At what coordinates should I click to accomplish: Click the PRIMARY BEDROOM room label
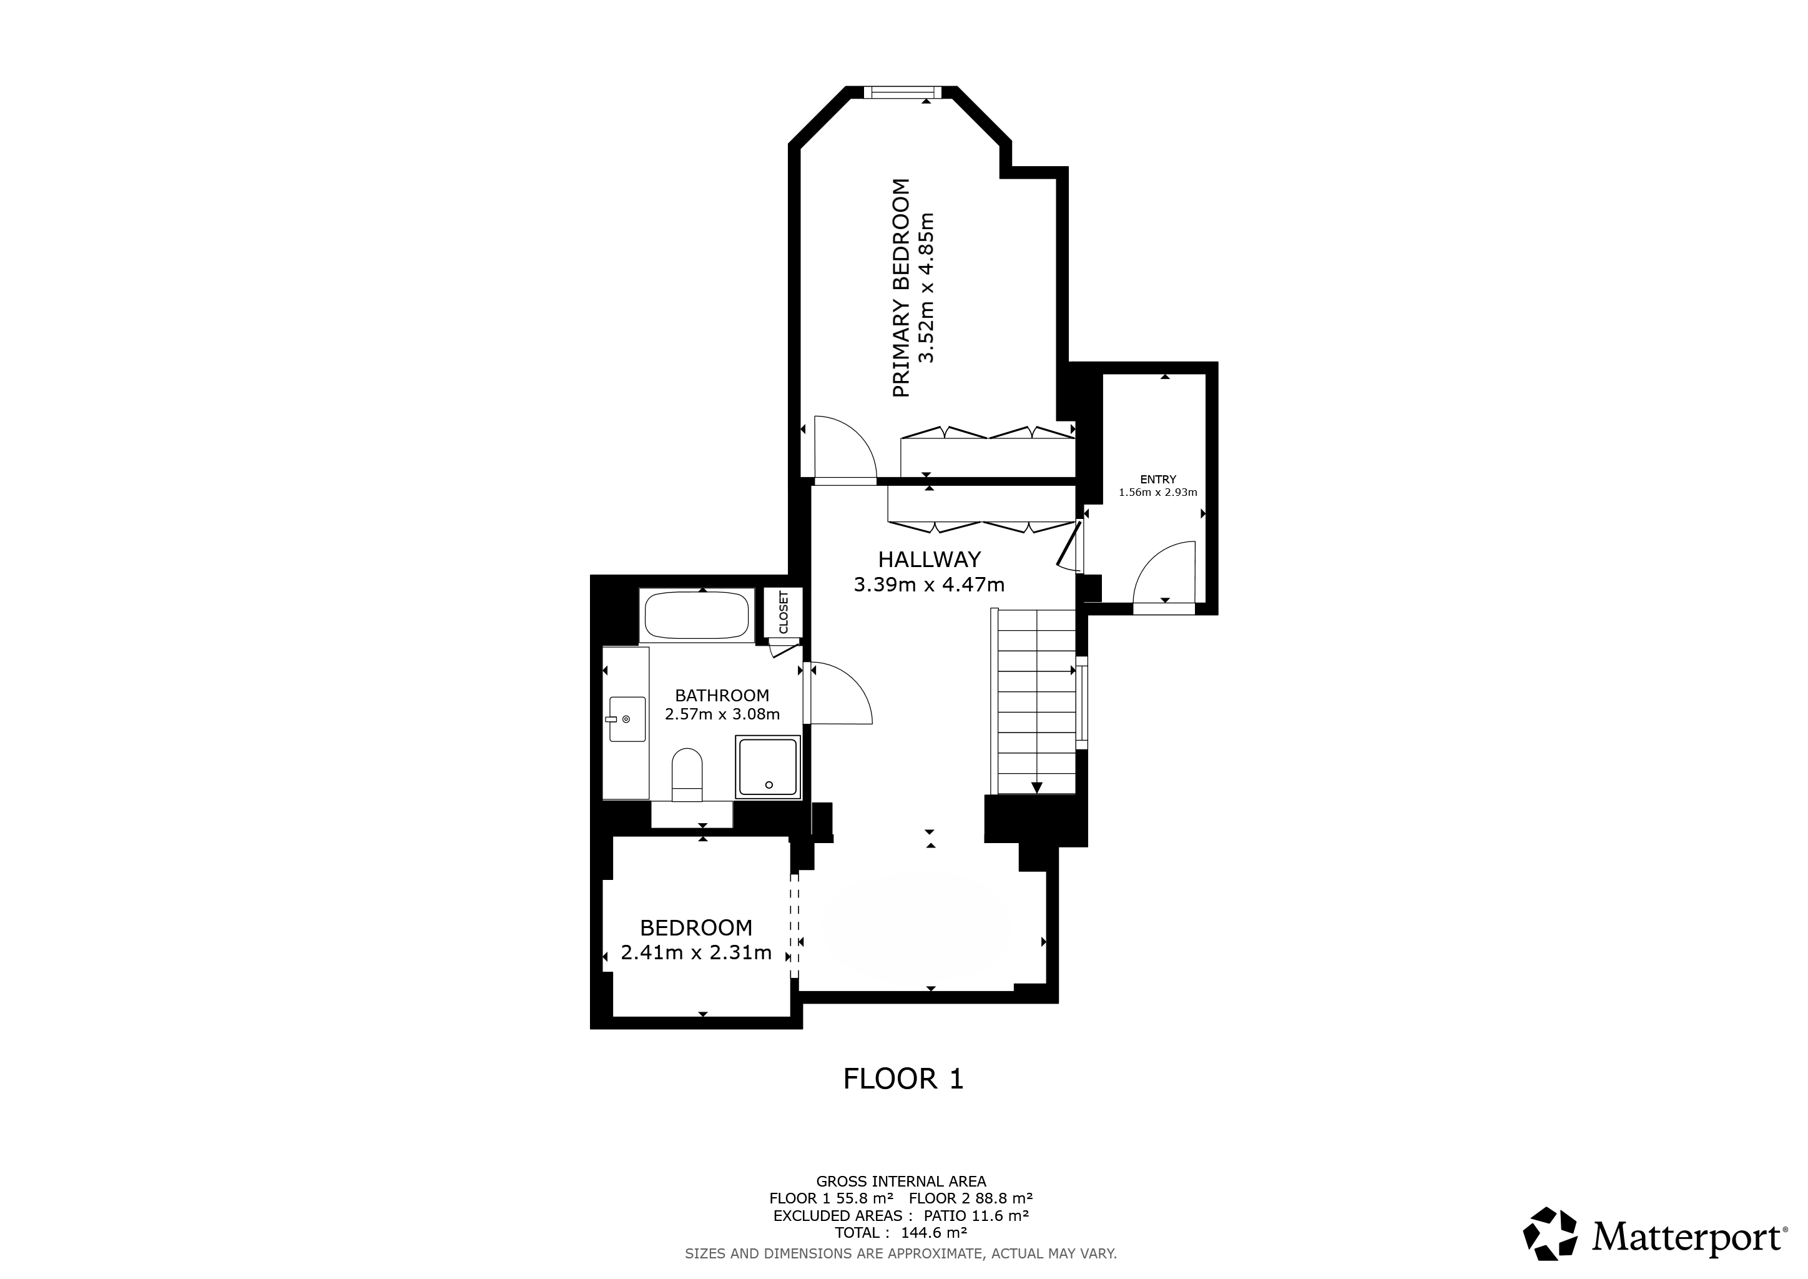tap(902, 289)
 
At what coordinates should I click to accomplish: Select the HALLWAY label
tap(929, 559)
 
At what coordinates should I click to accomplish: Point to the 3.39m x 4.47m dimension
tap(929, 585)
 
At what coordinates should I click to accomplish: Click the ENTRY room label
tap(1157, 479)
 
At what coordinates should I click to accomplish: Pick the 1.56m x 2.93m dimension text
tap(1157, 493)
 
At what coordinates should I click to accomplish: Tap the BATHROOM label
tap(722, 696)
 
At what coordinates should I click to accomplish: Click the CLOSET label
tap(783, 612)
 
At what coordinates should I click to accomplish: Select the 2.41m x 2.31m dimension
tap(696, 953)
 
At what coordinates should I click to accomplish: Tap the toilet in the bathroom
tap(687, 774)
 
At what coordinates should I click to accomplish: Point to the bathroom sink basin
tap(626, 719)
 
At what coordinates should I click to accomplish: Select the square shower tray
tap(768, 767)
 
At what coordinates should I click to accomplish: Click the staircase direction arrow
tap(1036, 787)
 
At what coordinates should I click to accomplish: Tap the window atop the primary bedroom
tap(902, 93)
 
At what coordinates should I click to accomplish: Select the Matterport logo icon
tap(1550, 1233)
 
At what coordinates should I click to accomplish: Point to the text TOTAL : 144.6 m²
tap(901, 1233)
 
